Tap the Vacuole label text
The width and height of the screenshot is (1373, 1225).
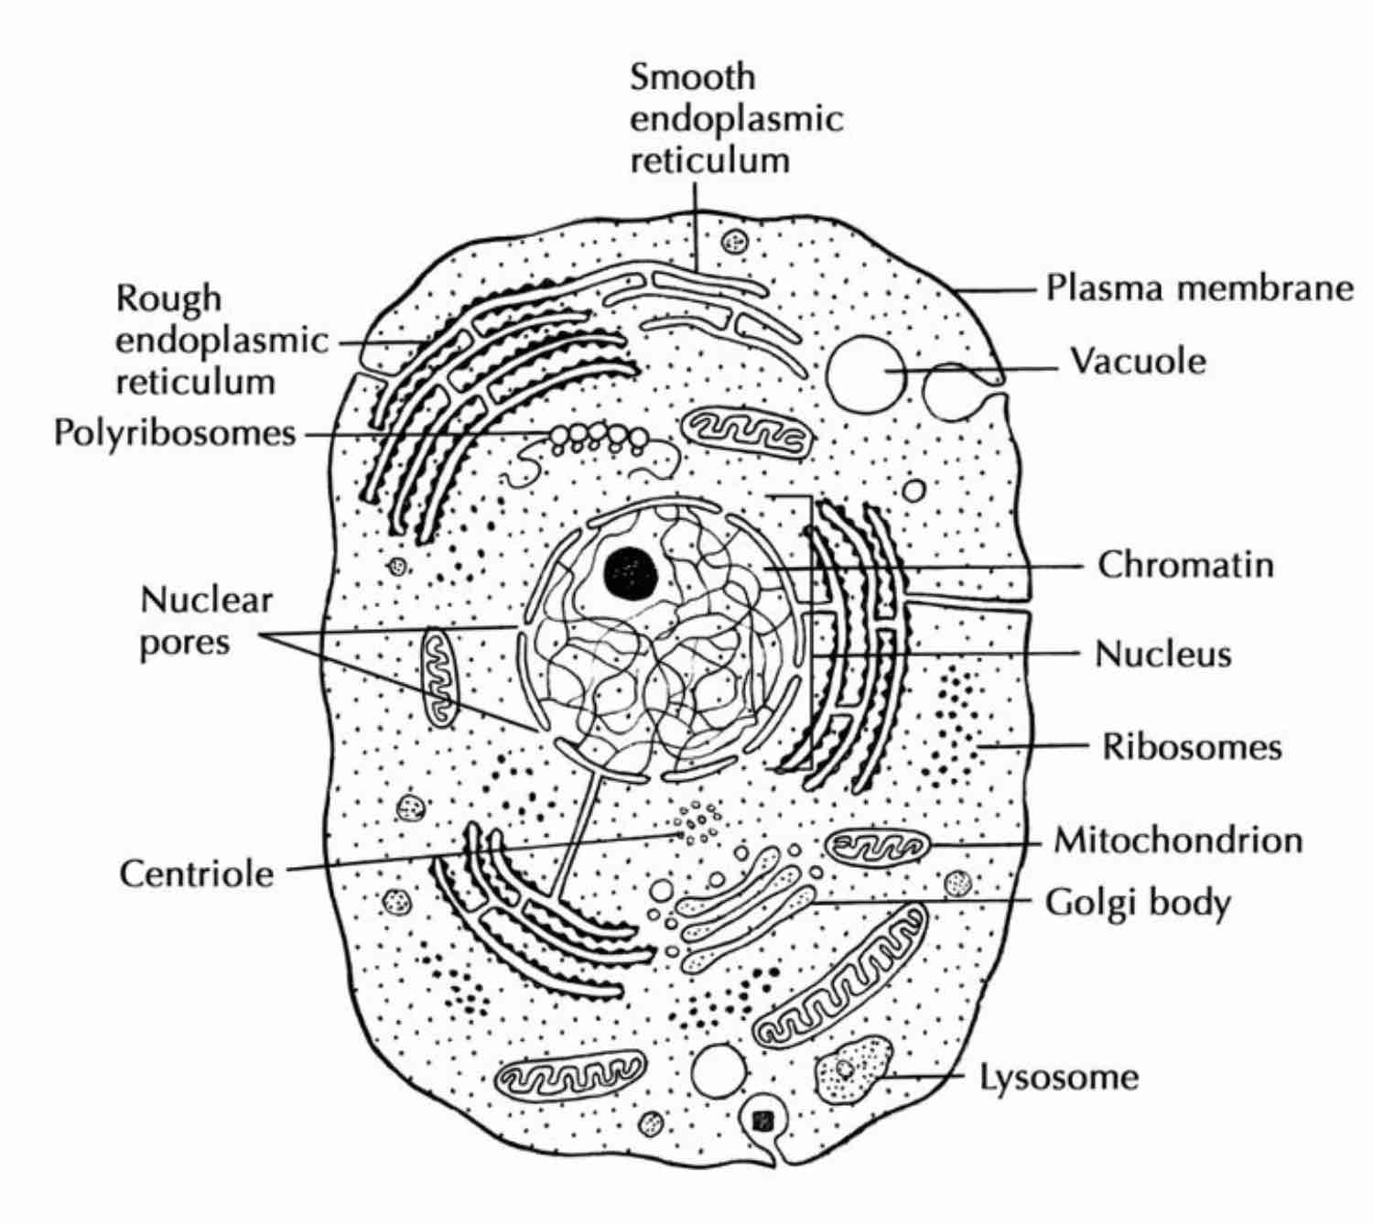point(1138,362)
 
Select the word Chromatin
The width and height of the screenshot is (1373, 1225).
point(1185,564)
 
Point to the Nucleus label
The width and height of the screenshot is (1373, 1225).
point(1162,654)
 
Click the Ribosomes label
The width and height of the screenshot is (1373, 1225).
point(1191,746)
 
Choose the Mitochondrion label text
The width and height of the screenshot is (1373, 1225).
point(1178,840)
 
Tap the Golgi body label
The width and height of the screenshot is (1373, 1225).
point(1138,904)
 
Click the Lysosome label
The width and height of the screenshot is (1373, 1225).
point(1059,1077)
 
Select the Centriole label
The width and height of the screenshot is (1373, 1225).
point(197,873)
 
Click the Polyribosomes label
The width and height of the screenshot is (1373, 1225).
point(175,432)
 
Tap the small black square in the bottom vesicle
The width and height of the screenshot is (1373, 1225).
point(762,1121)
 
